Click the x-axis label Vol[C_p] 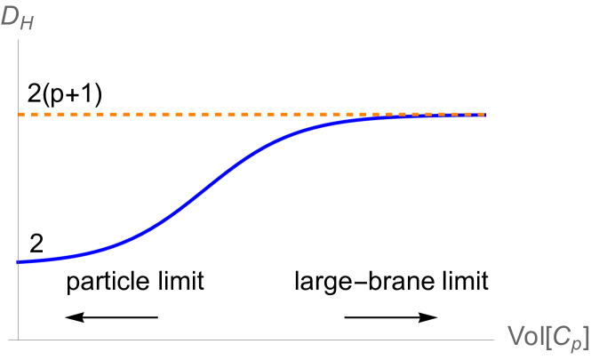[x=547, y=337]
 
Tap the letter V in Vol [x=515, y=335]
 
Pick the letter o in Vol [x=529, y=337]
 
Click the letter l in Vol [x=539, y=335]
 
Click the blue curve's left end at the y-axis [x=19, y=262]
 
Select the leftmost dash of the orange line [x=22, y=115]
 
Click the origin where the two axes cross [x=19, y=340]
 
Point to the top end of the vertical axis [x=19, y=41]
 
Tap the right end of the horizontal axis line [x=493, y=340]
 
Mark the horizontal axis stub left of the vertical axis [x=12, y=340]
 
